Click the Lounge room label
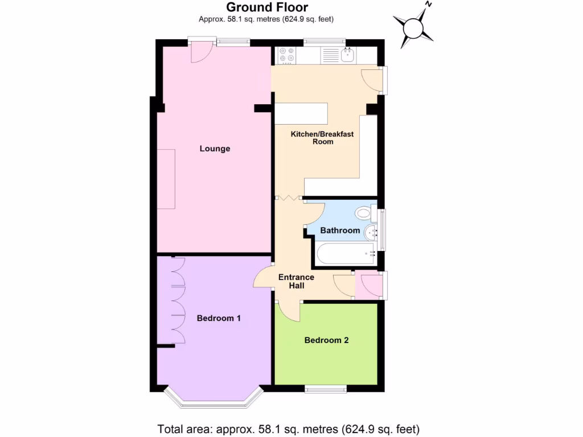215,149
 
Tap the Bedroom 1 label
219,318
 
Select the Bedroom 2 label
326,340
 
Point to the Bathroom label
340,230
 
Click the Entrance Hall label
296,281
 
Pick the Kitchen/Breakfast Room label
322,138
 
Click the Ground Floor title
267,7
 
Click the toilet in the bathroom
363,213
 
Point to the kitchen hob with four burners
286,55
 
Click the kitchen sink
347,55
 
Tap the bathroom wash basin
371,231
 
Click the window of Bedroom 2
326,389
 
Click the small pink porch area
368,285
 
